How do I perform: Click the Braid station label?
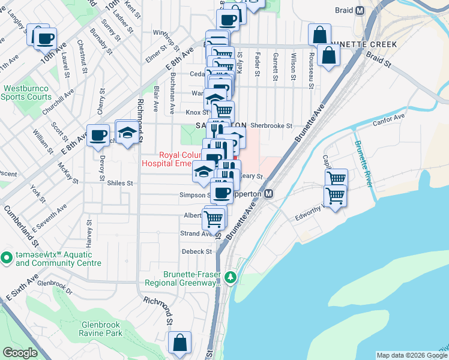345,10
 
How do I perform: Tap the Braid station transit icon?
360,10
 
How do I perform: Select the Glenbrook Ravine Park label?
101,329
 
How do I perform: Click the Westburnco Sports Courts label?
27,92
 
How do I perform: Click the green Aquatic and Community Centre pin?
7,258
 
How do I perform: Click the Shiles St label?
119,183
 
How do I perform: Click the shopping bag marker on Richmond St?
179,344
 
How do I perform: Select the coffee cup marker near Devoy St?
98,136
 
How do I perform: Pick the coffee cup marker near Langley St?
45,39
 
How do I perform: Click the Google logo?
20,353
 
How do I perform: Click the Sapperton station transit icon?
269,194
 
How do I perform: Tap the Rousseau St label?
312,71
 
